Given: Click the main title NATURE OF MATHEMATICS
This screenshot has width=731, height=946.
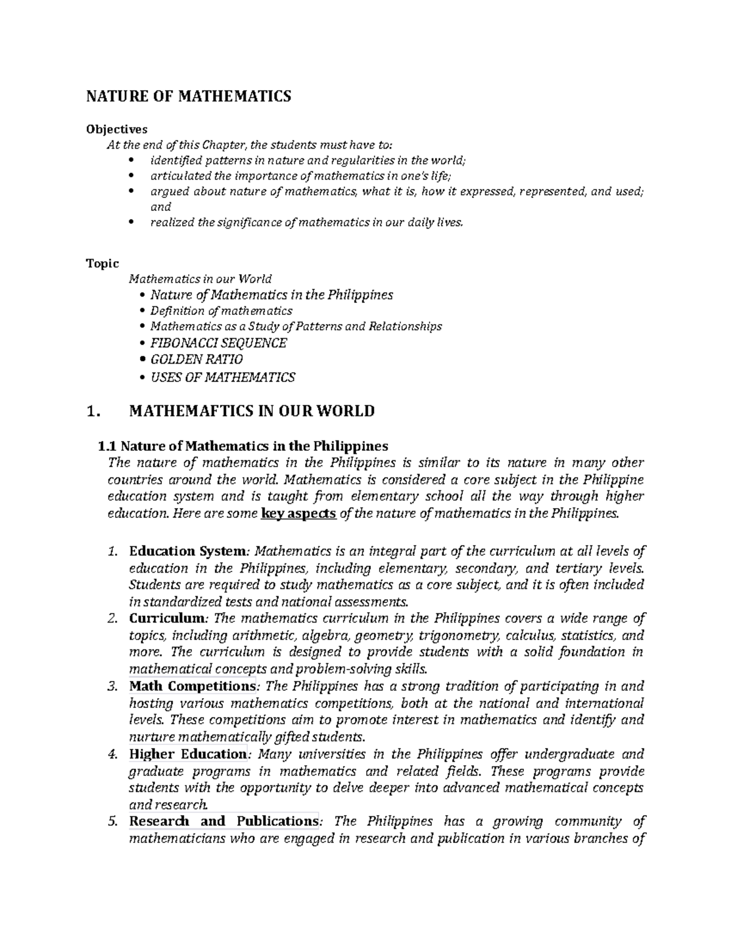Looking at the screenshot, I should tap(188, 96).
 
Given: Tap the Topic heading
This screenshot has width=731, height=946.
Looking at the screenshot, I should tap(102, 263).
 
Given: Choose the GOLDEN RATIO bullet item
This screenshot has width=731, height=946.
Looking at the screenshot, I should tap(196, 360).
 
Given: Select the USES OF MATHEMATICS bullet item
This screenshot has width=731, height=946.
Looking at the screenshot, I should tap(222, 378).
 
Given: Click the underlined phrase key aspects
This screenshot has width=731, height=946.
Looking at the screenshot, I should tap(298, 514).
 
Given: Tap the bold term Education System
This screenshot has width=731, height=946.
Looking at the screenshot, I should tap(186, 551).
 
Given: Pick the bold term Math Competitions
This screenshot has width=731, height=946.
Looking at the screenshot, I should tap(192, 686).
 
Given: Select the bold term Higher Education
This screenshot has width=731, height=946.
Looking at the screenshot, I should tap(187, 754).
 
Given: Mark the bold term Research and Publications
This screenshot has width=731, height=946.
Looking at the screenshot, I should tap(224, 821).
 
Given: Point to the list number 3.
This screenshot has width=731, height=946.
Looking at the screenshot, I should tap(111, 687).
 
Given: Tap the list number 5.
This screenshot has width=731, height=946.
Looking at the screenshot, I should tap(111, 822).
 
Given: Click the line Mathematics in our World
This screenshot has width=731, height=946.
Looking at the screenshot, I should tap(200, 279).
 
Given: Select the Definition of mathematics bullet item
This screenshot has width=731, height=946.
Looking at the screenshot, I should tap(221, 311).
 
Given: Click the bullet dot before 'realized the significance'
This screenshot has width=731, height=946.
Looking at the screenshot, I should tap(133, 223).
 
